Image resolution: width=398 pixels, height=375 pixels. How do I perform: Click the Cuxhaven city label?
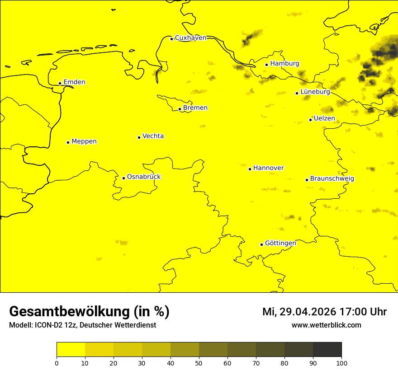coord(190,38)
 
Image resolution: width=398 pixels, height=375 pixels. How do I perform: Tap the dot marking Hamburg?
coord(267,65)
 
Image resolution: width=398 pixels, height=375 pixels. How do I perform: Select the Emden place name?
coord(74,82)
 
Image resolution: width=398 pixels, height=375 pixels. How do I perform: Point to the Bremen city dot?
coord(180,109)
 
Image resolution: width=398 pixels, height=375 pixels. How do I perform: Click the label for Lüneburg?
coord(315,92)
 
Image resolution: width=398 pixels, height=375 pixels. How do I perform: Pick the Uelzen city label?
coord(324,119)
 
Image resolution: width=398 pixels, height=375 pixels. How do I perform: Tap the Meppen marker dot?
coord(68,142)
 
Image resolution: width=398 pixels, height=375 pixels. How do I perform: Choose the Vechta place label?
coord(153,136)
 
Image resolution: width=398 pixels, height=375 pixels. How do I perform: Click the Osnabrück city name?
coord(144,177)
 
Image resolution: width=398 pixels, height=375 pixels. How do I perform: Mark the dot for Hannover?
coord(250,169)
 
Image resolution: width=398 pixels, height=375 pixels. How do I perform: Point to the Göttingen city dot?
coord(261,244)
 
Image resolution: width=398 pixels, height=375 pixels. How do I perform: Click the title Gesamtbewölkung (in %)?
coord(89,312)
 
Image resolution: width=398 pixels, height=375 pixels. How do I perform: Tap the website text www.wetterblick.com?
coord(326,325)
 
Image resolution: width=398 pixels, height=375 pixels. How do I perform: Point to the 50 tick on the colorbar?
coord(199,362)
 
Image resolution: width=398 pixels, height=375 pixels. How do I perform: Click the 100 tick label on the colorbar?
coord(341,362)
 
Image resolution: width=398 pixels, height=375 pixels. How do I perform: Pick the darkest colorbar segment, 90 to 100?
coord(327,350)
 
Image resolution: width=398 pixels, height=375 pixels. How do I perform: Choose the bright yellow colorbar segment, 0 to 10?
coord(71,350)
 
